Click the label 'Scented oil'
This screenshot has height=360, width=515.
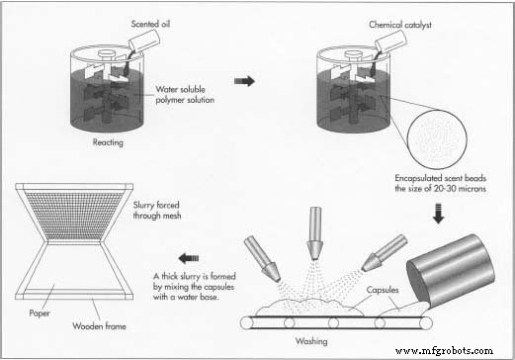click(154, 23)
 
